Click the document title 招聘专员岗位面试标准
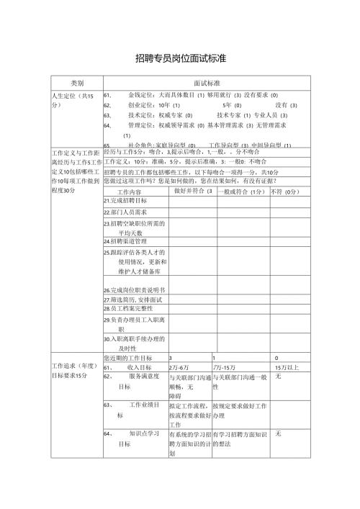(x=180, y=58)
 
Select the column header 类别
(x=76, y=83)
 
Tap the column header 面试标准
(x=207, y=83)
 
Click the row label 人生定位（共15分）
(x=72, y=100)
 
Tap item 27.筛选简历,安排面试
(x=133, y=299)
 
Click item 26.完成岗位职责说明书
(x=135, y=289)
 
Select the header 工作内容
(x=130, y=193)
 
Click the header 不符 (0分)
(x=284, y=192)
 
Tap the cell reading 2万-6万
(x=179, y=367)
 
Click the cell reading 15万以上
(x=286, y=367)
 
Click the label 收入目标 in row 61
(x=139, y=367)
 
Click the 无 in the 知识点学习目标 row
(x=279, y=434)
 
